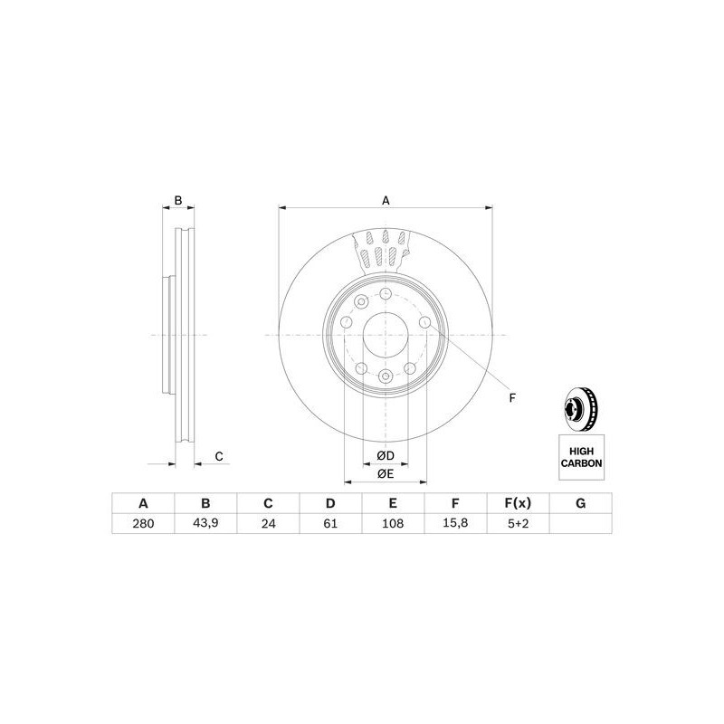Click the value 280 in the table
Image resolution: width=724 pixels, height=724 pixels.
point(142,523)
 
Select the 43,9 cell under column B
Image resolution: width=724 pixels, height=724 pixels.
point(205,523)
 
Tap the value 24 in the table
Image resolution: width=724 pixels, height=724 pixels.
point(268,523)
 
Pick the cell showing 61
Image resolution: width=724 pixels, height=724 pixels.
point(330,523)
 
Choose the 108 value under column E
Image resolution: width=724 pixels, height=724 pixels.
point(393,523)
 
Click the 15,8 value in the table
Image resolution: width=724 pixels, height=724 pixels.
point(456,523)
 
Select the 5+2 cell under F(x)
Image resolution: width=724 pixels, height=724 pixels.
point(518,523)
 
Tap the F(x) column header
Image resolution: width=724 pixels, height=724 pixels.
point(518,503)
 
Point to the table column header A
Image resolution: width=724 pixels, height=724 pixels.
point(142,503)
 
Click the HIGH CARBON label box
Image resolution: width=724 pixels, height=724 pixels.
point(581,455)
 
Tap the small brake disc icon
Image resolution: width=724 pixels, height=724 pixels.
point(580,408)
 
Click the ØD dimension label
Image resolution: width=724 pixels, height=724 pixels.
point(386,454)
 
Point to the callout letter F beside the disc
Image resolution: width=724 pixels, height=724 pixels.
point(511,398)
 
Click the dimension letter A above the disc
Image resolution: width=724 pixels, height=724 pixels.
point(386,201)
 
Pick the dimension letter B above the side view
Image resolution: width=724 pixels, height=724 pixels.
point(178,201)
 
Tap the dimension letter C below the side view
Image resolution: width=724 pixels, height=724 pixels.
point(218,456)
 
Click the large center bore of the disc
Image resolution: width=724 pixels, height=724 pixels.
point(386,336)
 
